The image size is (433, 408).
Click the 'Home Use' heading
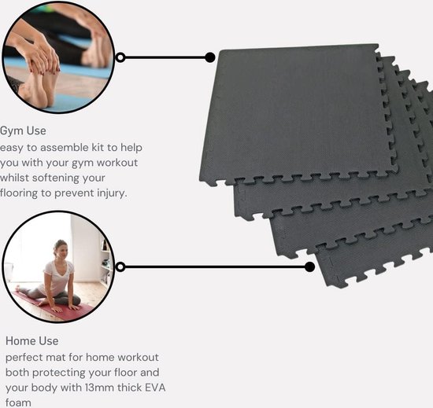(32, 341)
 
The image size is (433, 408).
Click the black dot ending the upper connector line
(210, 57)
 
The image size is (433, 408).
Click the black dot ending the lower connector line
(309, 267)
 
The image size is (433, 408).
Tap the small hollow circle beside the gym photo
(120, 57)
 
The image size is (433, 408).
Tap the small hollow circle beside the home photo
(120, 267)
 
